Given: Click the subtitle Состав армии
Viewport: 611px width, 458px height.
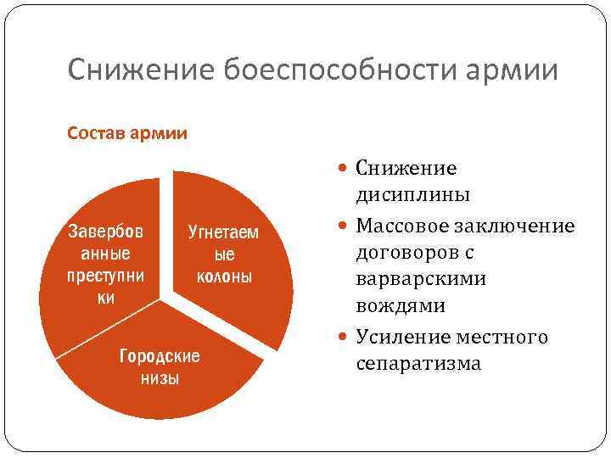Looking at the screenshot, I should pyautogui.click(x=127, y=133).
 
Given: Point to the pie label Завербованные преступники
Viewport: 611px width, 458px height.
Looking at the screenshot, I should pyautogui.click(x=105, y=264).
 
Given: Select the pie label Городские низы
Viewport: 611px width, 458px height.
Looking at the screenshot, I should pyautogui.click(x=160, y=366).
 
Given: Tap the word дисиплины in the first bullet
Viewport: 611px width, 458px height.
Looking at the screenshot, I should pyautogui.click(x=413, y=196).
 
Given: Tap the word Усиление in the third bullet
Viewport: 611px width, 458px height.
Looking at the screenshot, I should pyautogui.click(x=403, y=337).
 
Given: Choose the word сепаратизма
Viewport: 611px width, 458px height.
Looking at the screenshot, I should pyautogui.click(x=418, y=364).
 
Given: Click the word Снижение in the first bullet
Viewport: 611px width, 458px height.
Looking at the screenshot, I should pyautogui.click(x=406, y=168).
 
